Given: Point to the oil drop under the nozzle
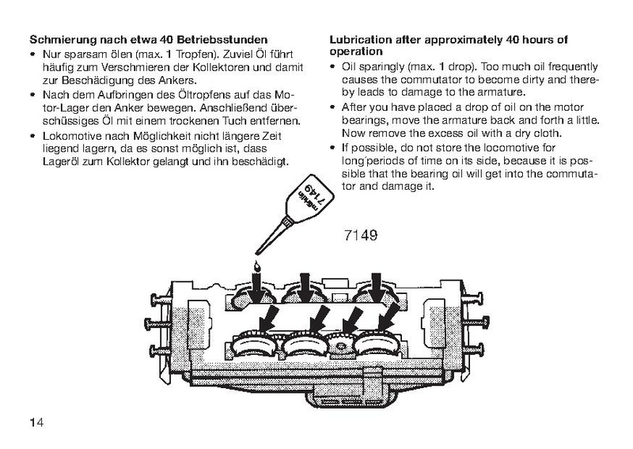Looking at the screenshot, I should coord(255,266).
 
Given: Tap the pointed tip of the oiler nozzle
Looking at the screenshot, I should coord(257,254).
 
